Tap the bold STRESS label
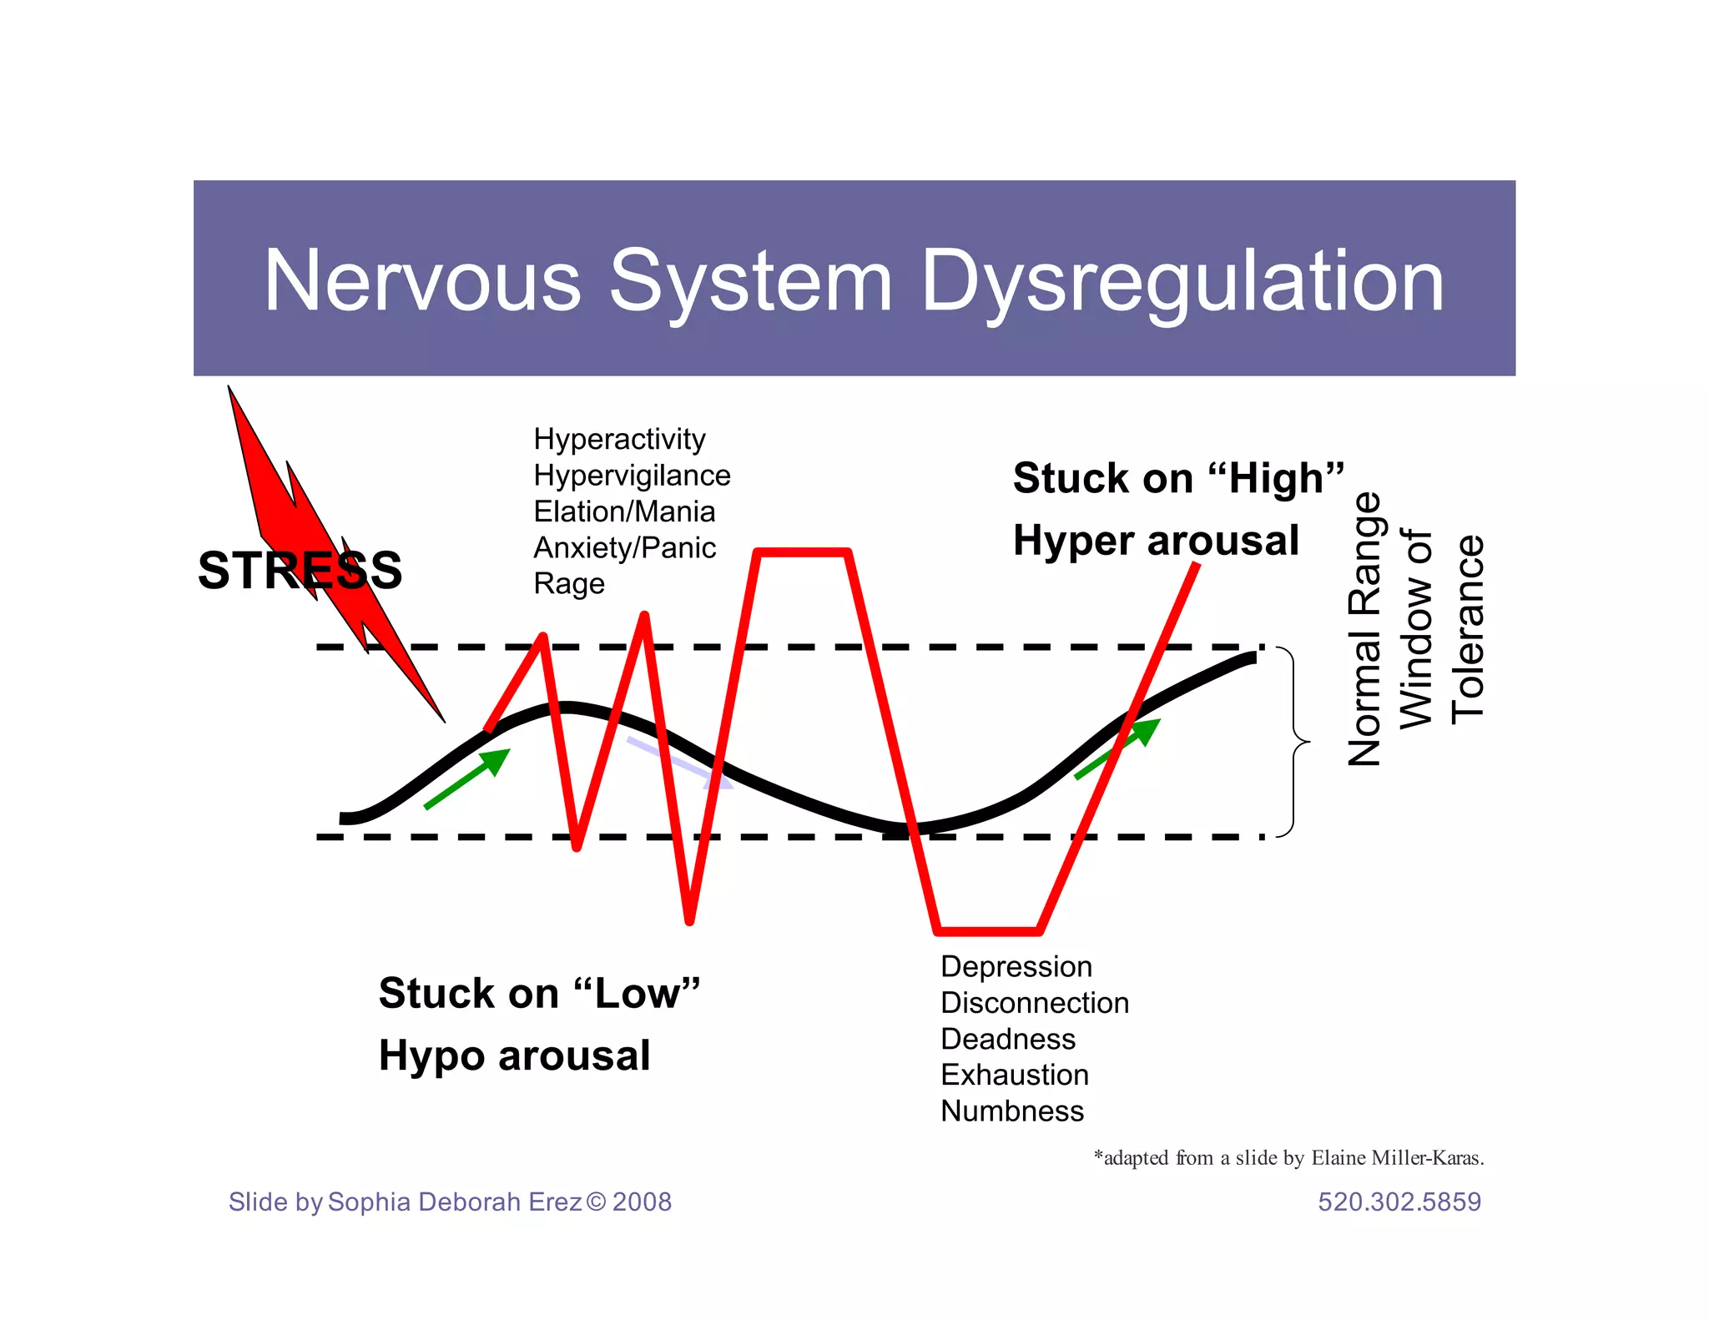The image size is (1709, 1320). pos(300,571)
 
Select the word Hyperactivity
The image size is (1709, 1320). pos(619,439)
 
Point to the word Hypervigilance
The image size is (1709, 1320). pos(632,476)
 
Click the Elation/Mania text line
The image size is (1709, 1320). pos(624,511)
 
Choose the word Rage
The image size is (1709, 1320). pos(568,583)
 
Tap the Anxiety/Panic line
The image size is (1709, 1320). pos(624,547)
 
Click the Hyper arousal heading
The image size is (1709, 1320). pos(1156,540)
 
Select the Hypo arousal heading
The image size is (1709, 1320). pos(514,1055)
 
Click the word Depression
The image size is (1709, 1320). pos(1016,966)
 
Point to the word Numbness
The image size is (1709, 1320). pos(1011,1111)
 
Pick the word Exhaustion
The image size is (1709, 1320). pos(1014,1075)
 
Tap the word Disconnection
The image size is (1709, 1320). pos(1034,1002)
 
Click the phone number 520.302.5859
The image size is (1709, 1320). pos(1399,1202)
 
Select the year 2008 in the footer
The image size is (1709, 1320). pos(641,1202)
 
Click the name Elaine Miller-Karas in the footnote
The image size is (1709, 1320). pos(1395,1157)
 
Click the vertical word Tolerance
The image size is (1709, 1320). pos(1468,629)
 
